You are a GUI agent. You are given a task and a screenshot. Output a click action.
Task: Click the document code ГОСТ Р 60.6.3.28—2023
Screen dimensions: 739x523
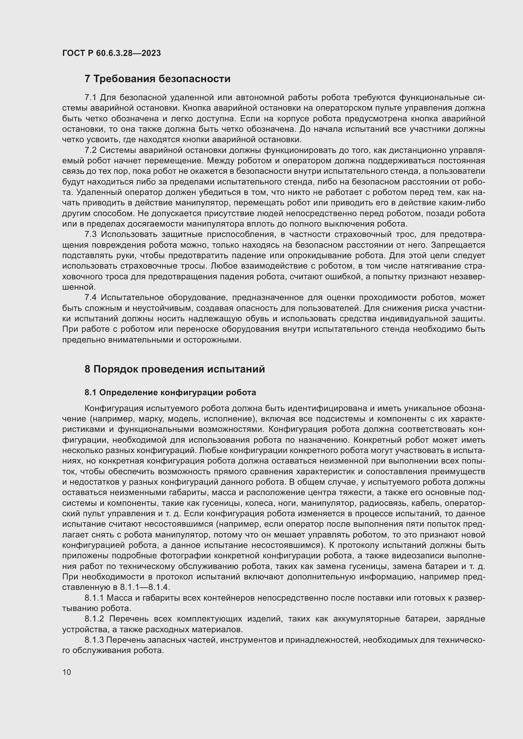click(111, 53)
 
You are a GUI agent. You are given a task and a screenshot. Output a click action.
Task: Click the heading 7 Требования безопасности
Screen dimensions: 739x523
click(157, 79)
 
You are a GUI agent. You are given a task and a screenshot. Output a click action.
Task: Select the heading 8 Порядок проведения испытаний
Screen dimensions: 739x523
click(175, 369)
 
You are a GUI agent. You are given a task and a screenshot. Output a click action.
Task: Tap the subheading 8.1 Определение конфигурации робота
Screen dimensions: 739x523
click(170, 393)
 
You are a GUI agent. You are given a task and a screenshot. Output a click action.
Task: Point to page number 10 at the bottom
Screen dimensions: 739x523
click(67, 672)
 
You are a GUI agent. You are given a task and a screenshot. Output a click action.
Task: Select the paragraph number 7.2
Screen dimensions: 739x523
click(91, 150)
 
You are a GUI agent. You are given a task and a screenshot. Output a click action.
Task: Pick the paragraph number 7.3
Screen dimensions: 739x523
click(91, 235)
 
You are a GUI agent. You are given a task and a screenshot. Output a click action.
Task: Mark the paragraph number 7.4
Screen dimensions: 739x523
click(91, 298)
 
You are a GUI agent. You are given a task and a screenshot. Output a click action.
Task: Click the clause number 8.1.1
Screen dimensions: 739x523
click(94, 598)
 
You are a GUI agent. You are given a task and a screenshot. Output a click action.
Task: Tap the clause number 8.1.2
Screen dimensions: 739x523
click(94, 619)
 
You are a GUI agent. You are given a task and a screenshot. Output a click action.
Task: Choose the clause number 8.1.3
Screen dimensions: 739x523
click(94, 640)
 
